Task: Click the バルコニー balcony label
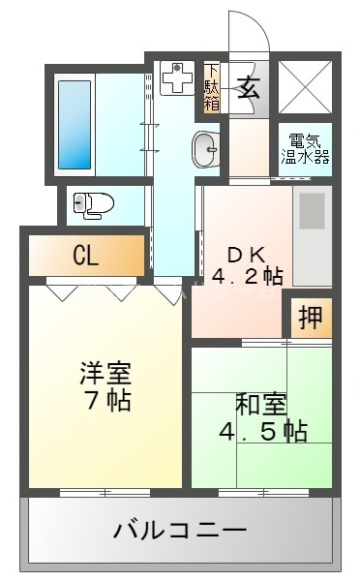[180, 531]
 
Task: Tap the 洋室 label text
[105, 373]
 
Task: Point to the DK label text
[247, 254]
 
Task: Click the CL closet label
[86, 257]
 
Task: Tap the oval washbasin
[205, 149]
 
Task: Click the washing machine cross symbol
[177, 79]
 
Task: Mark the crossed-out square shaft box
[305, 83]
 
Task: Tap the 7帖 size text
[105, 399]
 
